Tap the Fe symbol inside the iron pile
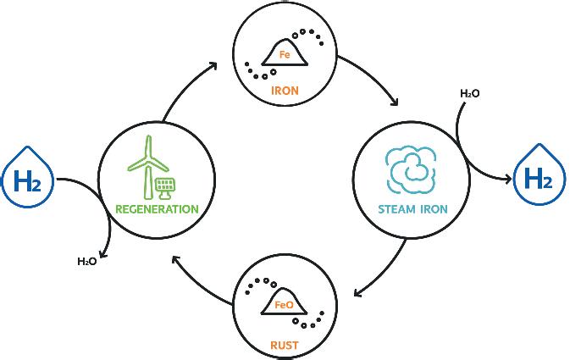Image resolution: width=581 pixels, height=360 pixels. (285, 54)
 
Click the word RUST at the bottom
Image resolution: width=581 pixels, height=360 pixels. (284, 345)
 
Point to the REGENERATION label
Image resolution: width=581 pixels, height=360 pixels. (158, 208)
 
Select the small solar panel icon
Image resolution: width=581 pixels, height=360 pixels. (165, 187)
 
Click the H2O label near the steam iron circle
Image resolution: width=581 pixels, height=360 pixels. (469, 93)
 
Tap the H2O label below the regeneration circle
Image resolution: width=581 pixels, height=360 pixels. (87, 262)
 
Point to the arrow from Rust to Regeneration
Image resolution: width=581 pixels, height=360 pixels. (198, 280)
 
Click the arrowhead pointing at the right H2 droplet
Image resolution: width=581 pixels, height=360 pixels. (507, 179)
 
